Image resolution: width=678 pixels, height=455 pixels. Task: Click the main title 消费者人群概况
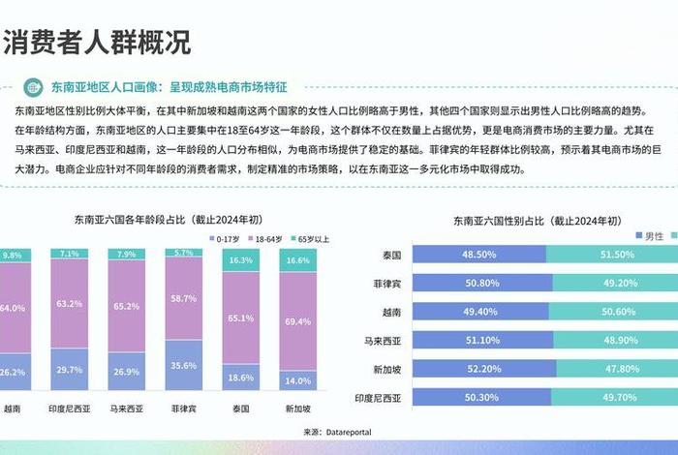tap(96, 43)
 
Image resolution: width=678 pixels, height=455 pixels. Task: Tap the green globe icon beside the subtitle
tap(33, 86)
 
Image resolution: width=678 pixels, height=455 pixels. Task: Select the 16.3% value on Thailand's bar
tap(241, 260)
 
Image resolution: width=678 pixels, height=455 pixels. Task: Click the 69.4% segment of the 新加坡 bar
tap(298, 319)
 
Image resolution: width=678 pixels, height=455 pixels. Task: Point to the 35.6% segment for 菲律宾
tap(184, 367)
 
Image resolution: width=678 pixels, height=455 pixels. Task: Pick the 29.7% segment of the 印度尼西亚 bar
tap(70, 370)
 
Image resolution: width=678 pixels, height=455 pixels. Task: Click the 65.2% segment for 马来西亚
tap(127, 305)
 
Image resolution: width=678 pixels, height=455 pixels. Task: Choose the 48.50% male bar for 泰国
tap(479, 255)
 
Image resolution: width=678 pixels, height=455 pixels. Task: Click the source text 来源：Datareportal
tap(337, 431)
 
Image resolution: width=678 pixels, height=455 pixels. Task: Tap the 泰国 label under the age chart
tap(241, 409)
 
